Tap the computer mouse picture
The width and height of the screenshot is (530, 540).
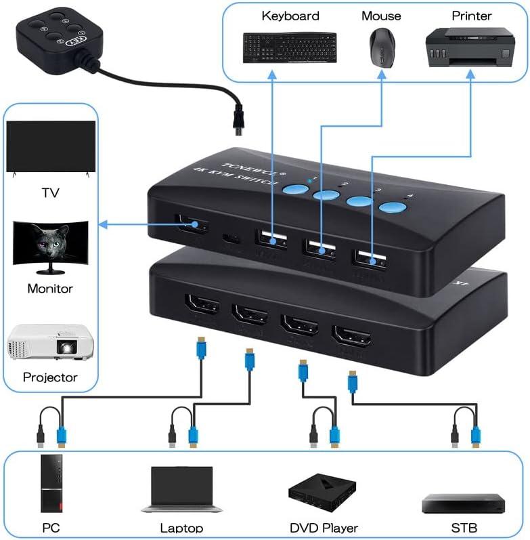click(380, 49)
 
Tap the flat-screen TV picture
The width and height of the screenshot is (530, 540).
click(50, 148)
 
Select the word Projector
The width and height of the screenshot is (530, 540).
click(50, 377)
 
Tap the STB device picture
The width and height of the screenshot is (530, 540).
click(463, 503)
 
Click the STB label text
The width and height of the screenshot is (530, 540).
click(464, 527)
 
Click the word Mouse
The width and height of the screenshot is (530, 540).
click(380, 16)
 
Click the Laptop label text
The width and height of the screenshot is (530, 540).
click(181, 527)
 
